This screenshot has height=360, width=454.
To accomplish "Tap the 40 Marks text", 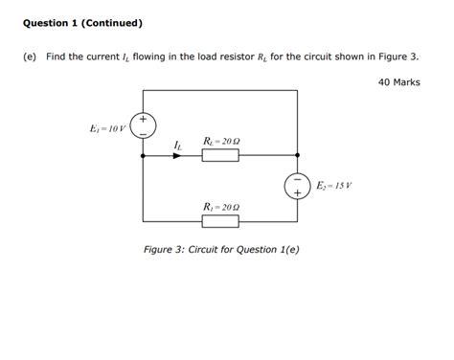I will (x=398, y=83).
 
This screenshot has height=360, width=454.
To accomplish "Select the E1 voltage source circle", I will (x=144, y=126).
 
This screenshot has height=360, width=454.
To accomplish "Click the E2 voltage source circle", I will (x=297, y=186).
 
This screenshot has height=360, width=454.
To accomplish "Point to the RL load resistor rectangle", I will (x=220, y=154).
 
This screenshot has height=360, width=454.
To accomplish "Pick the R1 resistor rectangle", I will (x=220, y=221).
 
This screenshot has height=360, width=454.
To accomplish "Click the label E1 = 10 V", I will (x=105, y=126).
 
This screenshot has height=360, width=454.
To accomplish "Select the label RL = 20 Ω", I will (x=221, y=140).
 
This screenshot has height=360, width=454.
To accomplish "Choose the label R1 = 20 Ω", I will (x=221, y=206).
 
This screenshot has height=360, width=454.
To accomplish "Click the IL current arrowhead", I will (x=176, y=154).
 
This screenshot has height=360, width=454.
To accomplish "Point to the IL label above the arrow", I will (x=176, y=145).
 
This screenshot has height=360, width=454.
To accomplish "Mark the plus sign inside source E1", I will (x=144, y=120).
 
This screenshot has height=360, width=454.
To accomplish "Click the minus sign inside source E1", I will (x=144, y=133).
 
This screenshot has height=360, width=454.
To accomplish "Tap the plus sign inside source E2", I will (x=297, y=192).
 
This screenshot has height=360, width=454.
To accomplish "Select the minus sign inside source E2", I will (x=297, y=179).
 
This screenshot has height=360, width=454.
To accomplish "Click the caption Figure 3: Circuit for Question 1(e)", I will (x=220, y=250).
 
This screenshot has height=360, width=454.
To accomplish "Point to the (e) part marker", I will (x=30, y=57).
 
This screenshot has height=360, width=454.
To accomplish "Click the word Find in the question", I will (x=57, y=57).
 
